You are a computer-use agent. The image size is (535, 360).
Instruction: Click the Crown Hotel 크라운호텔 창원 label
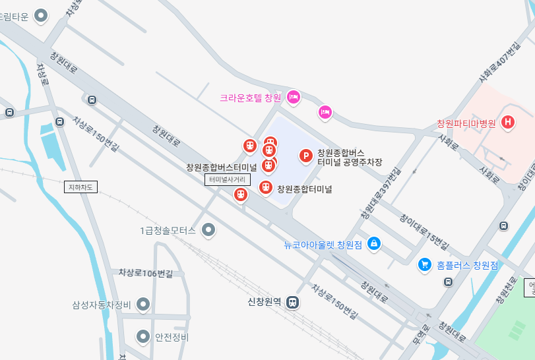point(250,98)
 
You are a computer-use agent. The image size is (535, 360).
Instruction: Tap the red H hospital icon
point(507,122)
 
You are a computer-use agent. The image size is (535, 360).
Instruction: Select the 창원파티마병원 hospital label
point(466,123)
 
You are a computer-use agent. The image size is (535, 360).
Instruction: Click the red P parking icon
point(306,156)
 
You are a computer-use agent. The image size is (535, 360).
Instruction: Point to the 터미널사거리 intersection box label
point(227,179)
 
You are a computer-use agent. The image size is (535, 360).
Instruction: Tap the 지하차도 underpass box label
point(81,187)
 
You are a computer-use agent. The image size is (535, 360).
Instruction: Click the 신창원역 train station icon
point(292,303)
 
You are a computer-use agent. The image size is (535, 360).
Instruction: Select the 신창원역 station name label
point(264,303)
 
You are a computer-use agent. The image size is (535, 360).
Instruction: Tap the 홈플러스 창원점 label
point(467,265)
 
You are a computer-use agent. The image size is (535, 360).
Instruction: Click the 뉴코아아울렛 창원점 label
point(323,245)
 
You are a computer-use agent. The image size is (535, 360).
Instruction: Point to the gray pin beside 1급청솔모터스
point(208,230)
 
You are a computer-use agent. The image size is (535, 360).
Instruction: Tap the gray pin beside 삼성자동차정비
point(142,305)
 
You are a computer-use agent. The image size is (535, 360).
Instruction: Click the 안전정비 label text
point(172,338)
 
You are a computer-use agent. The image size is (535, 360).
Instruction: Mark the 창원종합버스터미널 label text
point(221,167)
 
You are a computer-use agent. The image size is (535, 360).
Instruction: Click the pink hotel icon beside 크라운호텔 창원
point(294,97)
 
